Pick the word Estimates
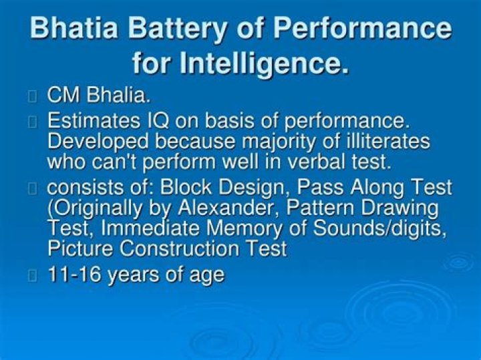click(x=94, y=122)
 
